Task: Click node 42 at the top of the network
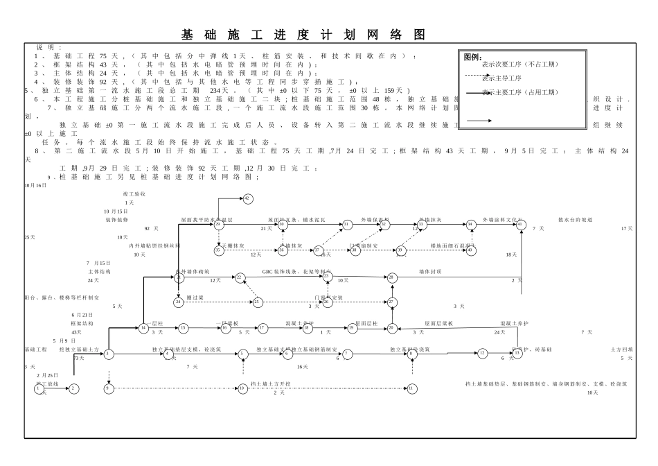coord(247,198)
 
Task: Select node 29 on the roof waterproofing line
coord(218,224)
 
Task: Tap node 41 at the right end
coord(521,224)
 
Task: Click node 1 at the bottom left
coord(38,388)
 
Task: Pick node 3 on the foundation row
coord(109,354)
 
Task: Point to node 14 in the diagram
coord(143,327)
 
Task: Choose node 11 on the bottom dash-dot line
coord(411,388)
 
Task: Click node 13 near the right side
coord(517,353)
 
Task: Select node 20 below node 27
coord(392,327)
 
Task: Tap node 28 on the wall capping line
coord(392,277)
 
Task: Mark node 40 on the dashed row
coord(471,250)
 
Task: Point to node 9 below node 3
coord(109,388)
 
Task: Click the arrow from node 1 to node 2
coord(56,388)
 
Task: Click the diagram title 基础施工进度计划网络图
coord(303,35)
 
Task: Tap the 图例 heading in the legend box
coord(472,57)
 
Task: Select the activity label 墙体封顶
coord(430,271)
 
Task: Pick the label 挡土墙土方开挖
coord(271,383)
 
